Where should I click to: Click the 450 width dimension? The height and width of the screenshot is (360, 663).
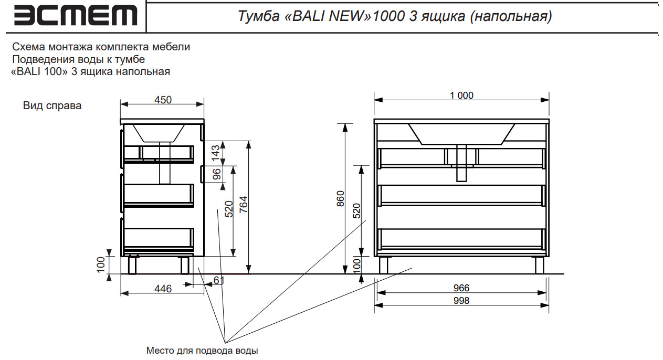(x=163, y=100)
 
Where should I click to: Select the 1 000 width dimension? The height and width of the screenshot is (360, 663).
(x=461, y=96)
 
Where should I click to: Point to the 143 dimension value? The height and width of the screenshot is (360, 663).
(x=215, y=152)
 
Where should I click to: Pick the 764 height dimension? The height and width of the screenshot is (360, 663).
(x=243, y=207)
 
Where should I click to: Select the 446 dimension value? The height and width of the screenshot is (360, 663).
(x=162, y=289)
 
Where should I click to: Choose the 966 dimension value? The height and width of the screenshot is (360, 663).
(x=461, y=288)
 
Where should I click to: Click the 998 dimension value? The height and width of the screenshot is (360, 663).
(x=461, y=301)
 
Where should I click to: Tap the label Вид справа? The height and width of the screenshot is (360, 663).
(x=52, y=105)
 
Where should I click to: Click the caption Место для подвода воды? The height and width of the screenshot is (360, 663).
(x=202, y=350)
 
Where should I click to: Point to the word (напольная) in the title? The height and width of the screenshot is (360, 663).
(x=510, y=17)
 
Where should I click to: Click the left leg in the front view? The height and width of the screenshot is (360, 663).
(x=384, y=265)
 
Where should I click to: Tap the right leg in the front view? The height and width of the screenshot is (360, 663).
(x=540, y=265)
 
